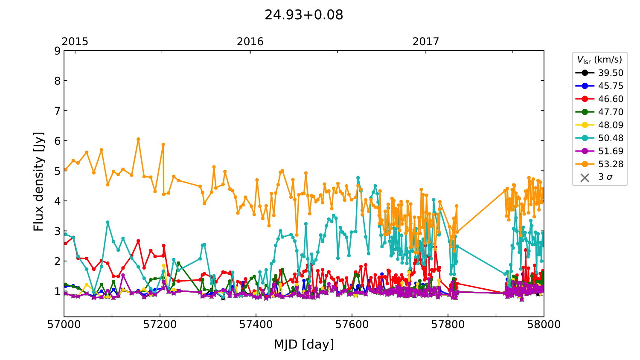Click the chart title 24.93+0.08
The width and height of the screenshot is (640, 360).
point(304,15)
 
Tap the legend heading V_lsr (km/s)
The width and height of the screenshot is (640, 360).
point(599,60)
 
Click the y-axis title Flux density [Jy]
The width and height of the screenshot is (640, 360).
point(38,181)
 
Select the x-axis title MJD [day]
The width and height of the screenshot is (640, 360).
point(304,344)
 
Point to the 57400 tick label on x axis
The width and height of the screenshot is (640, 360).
point(256,325)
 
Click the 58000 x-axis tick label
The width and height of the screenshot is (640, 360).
point(544,325)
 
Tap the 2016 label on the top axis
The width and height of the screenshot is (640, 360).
point(250,41)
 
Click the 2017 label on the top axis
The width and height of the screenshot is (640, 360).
point(425,41)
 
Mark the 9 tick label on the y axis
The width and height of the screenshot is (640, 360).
point(57,51)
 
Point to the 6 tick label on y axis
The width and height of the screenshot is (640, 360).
point(57,141)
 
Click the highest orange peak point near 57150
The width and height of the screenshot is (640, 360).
point(138,139)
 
